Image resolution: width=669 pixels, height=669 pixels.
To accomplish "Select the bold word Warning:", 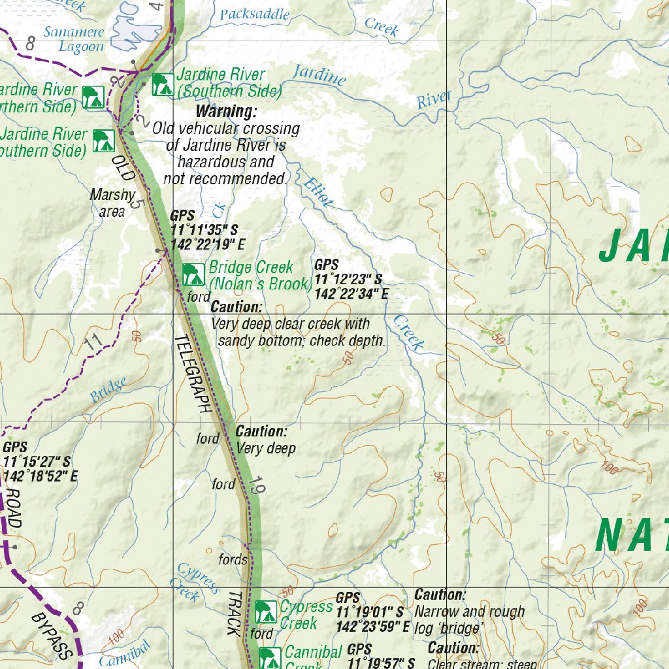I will click(x=227, y=112).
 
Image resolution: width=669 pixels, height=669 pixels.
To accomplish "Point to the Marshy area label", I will click(x=112, y=203).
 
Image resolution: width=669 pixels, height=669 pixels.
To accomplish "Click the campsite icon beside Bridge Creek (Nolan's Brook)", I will click(x=193, y=274).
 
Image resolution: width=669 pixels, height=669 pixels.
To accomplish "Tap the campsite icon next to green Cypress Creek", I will click(x=265, y=612).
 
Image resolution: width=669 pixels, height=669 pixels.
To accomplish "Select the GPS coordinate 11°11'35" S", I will click(x=204, y=231).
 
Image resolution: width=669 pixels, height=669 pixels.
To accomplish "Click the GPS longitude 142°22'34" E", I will click(x=351, y=295).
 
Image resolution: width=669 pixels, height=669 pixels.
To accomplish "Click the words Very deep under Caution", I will click(x=266, y=448).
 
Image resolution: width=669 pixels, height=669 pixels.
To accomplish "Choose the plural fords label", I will click(x=233, y=560).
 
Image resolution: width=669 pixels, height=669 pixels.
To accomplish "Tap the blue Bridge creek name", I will click(x=108, y=391).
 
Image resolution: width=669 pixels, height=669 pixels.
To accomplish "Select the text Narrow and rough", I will click(x=469, y=612).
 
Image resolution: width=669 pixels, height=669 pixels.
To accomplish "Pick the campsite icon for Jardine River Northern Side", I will click(x=93, y=98).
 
